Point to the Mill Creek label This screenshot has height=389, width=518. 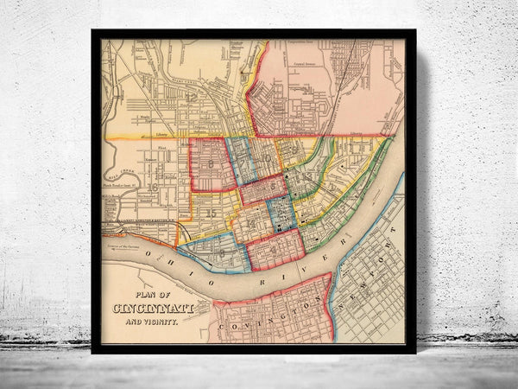pos(112,172)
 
